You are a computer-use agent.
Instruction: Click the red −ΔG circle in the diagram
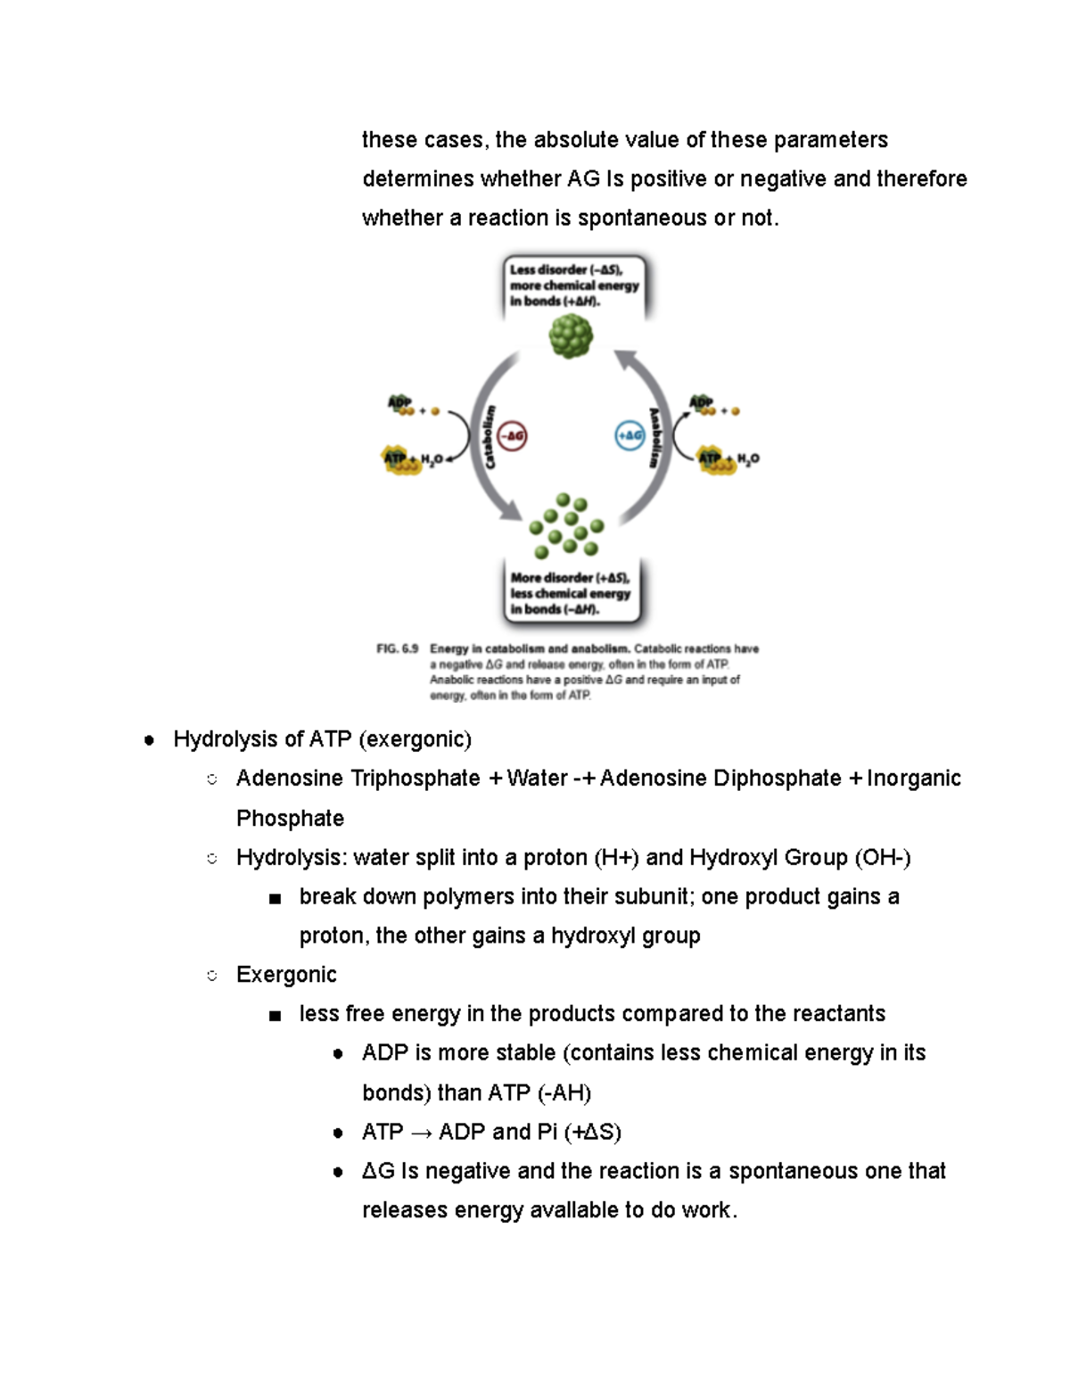(x=512, y=436)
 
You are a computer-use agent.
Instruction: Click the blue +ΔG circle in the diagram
(x=630, y=436)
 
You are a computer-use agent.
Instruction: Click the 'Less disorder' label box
(x=573, y=285)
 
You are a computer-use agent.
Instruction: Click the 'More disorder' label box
(x=571, y=593)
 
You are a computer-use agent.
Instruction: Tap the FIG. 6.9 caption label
(x=397, y=649)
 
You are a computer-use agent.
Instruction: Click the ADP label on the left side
(x=399, y=403)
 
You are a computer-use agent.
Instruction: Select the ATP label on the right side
(x=710, y=458)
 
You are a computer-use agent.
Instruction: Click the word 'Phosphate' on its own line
(x=290, y=818)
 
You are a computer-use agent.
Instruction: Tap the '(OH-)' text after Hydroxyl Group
(x=882, y=857)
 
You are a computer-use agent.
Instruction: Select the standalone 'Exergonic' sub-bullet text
(x=286, y=974)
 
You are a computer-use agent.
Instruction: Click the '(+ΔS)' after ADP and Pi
(x=592, y=1132)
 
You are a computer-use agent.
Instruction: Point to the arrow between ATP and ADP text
(x=421, y=1133)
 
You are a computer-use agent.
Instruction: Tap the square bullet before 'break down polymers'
(x=275, y=898)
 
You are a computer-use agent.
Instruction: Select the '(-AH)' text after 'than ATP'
(x=564, y=1092)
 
